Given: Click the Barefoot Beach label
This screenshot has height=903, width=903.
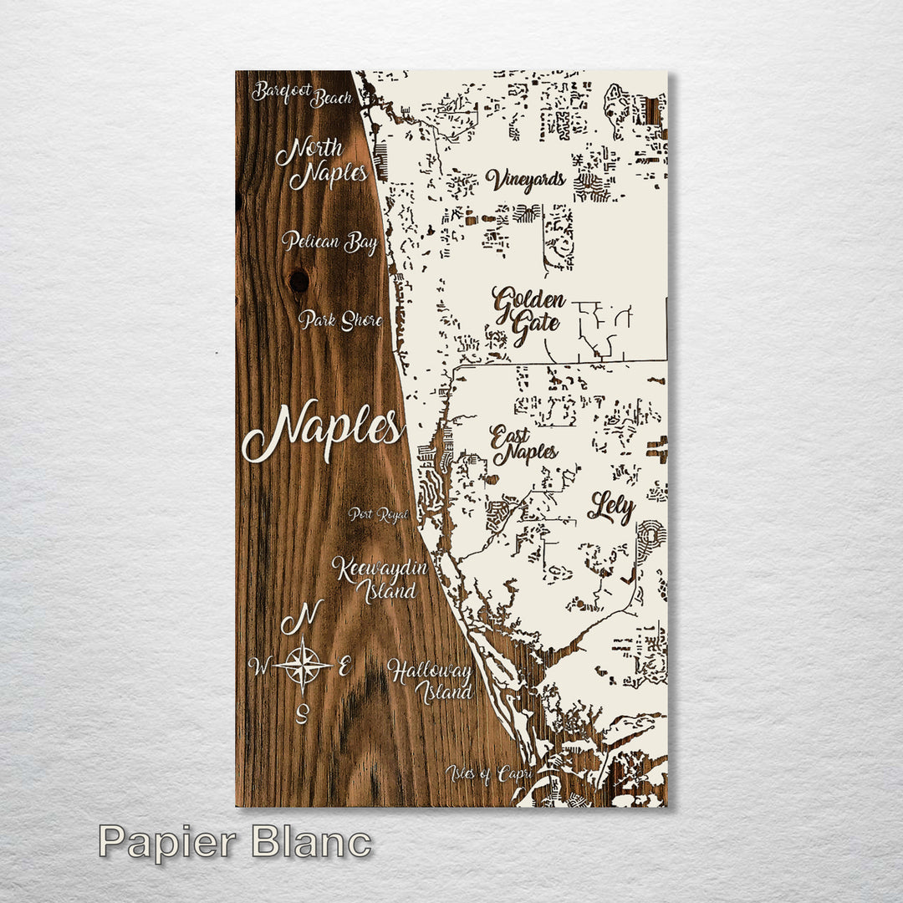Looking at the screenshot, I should coord(302,94).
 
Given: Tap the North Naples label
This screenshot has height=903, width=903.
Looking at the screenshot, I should coord(322,163).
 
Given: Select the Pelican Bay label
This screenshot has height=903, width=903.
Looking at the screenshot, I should coord(329,242).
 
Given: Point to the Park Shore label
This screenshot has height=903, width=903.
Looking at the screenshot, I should coord(340,320).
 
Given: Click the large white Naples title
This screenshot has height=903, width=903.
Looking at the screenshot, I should coord(323,431).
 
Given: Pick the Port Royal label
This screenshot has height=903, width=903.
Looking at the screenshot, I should coord(379,514).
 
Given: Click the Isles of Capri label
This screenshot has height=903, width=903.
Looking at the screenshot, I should coord(488,774).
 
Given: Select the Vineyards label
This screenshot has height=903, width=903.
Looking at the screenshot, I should coord(526,180).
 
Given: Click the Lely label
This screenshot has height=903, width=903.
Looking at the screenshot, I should coord(611,507).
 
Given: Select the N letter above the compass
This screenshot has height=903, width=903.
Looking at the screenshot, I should coord(302,619).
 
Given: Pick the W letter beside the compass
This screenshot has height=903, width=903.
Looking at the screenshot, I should coord(260,666).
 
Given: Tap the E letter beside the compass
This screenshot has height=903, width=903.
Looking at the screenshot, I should coord(344,666).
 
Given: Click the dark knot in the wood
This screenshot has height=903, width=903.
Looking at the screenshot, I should coord(298,280).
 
